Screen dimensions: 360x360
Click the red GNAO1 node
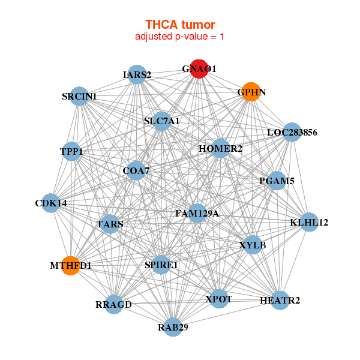(199, 69)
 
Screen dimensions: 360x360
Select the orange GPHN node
(250, 92)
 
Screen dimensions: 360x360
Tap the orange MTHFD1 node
(71, 265)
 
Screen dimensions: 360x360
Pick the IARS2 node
(137, 74)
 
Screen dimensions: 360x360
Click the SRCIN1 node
(80, 96)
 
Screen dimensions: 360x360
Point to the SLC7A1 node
(161, 121)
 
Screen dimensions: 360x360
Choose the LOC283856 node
(292, 132)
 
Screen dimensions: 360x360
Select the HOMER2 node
(220, 148)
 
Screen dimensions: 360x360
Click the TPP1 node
(71, 152)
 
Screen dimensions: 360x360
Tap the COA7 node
(136, 171)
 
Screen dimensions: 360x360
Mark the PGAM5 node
(276, 181)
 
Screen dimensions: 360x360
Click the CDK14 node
(51, 203)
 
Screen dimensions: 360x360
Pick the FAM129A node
(197, 213)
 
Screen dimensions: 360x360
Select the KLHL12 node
(309, 223)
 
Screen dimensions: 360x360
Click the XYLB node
(253, 245)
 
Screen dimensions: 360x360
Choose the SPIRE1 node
(161, 265)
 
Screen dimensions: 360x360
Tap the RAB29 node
(173, 327)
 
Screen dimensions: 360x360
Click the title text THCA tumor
(179, 25)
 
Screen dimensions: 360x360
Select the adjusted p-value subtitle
(179, 37)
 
